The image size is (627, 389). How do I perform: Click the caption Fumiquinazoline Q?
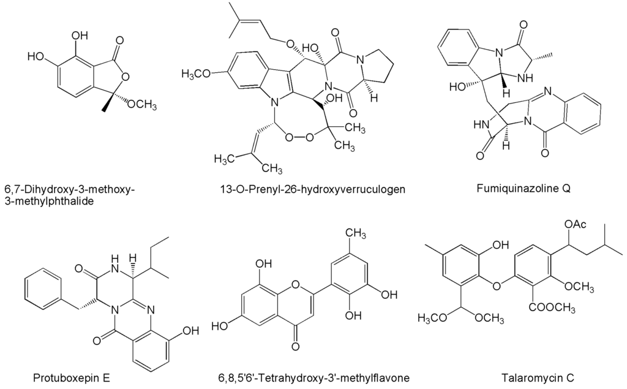[x=524, y=188]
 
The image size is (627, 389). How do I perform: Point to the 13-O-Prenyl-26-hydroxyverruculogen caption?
[x=312, y=189]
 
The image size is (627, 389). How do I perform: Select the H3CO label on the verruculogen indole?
[x=198, y=75]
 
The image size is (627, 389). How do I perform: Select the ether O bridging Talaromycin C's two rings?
[x=495, y=285]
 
